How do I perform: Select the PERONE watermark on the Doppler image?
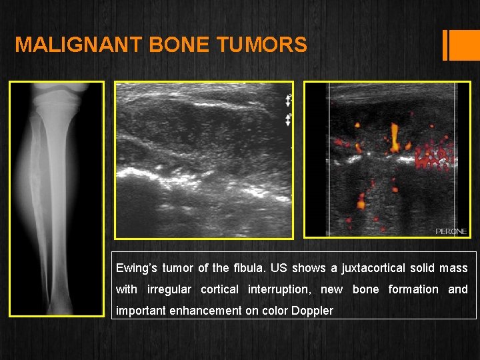coord(451,231)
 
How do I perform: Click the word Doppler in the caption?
coord(312,311)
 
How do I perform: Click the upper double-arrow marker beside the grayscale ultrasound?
coord(288,100)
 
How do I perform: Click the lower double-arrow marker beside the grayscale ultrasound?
coord(288,120)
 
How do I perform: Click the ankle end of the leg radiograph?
coord(56,303)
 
